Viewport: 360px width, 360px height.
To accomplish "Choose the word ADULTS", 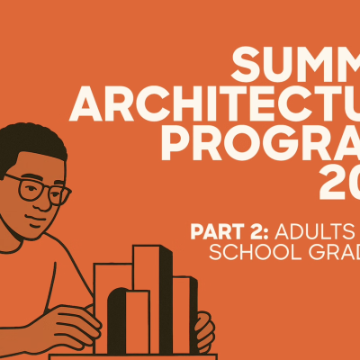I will [x=310, y=230].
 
